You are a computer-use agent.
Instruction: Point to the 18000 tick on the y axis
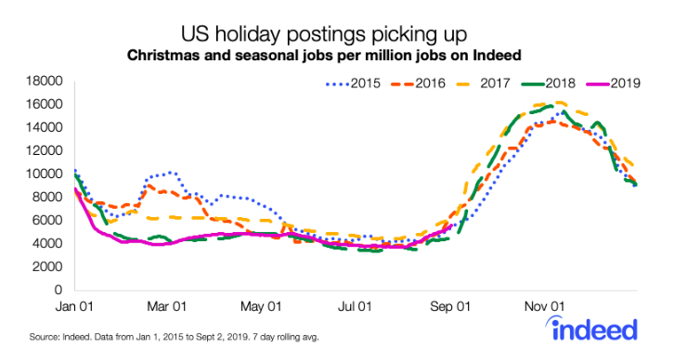pyautogui.click(x=44, y=81)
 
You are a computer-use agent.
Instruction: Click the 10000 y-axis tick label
pyautogui.click(x=44, y=174)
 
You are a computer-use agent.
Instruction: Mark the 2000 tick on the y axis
pyautogui.click(x=47, y=266)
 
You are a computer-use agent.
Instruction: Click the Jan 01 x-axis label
pyautogui.click(x=74, y=305)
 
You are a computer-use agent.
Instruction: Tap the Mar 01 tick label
pyautogui.click(x=168, y=305)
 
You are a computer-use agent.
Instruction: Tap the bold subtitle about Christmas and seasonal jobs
pyautogui.click(x=336, y=55)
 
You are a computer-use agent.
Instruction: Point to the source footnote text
pyautogui.click(x=172, y=337)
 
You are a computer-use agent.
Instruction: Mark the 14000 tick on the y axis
pyautogui.click(x=44, y=127)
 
